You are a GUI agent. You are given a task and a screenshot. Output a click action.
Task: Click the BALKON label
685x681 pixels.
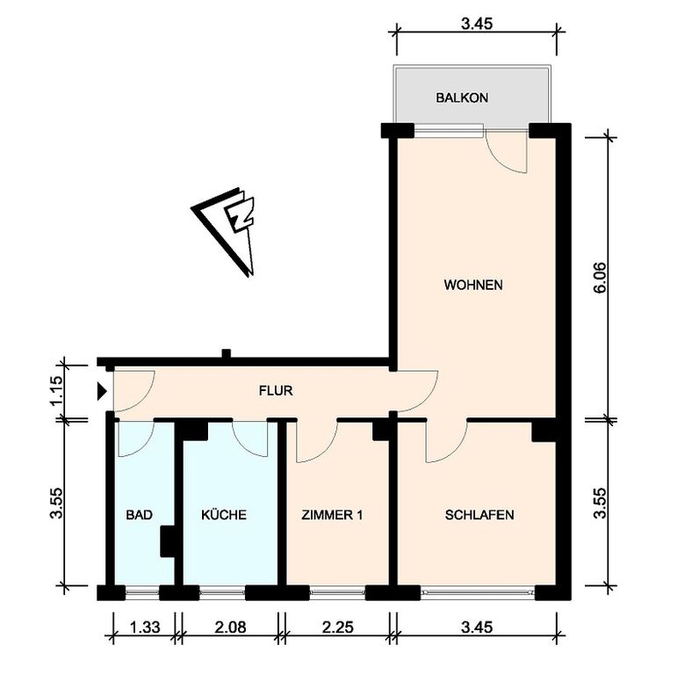(462, 98)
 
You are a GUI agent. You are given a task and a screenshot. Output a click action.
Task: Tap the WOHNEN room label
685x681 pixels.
(473, 285)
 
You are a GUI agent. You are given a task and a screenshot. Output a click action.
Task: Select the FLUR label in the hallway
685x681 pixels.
(276, 390)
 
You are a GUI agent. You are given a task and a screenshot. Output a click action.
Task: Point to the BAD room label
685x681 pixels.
(139, 515)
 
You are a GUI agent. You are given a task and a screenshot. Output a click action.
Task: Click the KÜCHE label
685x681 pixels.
(224, 514)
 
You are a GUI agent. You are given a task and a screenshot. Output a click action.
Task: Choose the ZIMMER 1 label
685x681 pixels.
(332, 515)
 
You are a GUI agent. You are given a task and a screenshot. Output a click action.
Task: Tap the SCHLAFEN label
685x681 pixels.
(479, 515)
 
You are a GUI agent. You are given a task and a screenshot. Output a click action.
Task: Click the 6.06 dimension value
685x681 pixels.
(601, 278)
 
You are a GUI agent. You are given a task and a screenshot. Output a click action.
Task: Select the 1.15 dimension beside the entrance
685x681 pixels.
(57, 390)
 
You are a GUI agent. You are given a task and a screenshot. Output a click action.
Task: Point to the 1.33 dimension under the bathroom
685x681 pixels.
(145, 627)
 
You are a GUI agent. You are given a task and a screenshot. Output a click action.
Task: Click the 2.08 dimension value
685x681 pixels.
(230, 627)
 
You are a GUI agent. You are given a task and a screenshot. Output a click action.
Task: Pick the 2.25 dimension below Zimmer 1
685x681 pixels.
(337, 627)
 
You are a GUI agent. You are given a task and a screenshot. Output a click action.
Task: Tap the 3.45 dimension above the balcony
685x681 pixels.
(477, 24)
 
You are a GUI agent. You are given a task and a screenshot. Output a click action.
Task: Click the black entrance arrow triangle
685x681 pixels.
(102, 391)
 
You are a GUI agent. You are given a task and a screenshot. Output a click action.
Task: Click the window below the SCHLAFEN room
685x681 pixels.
(478, 592)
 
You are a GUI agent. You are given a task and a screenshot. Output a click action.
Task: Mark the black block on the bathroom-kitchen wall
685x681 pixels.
(168, 541)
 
